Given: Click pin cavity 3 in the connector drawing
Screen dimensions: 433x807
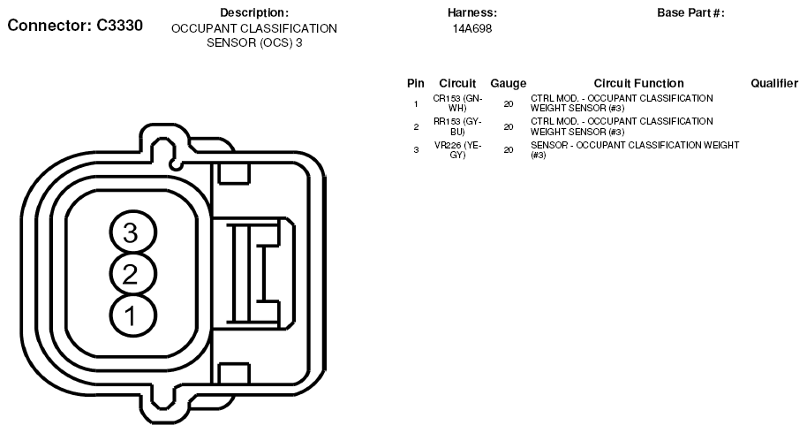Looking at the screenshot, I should [131, 233].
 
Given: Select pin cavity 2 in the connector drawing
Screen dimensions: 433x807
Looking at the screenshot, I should [131, 274].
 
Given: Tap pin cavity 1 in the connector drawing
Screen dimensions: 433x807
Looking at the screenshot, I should [131, 315].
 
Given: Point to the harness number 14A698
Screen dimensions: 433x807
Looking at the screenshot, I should [472, 28].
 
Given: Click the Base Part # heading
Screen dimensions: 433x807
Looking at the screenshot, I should [690, 12].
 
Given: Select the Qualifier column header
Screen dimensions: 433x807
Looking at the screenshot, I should [774, 83].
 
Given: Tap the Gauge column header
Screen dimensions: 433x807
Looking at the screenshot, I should [508, 83].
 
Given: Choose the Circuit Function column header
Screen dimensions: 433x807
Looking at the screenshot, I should [638, 83].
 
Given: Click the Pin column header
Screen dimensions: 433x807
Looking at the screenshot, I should [416, 83].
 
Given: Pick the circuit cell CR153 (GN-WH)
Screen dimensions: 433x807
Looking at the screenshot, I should [457, 103].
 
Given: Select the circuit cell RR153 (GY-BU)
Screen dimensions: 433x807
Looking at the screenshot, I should [457, 125].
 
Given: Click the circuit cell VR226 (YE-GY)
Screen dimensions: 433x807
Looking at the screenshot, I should [457, 149].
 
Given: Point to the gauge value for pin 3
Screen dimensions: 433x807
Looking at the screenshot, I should [508, 150].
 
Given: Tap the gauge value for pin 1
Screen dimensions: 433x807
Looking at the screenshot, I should [508, 103].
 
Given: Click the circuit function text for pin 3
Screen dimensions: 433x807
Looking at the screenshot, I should [634, 149].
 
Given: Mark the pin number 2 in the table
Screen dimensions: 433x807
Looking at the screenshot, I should [416, 126].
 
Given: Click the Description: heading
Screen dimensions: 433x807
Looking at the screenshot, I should [254, 12].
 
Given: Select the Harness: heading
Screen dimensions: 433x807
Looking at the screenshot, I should [472, 12].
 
